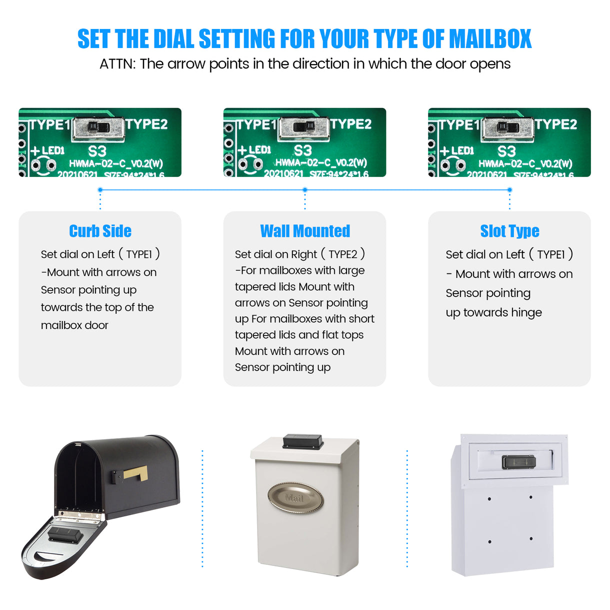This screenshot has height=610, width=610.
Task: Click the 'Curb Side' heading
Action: pos(100,231)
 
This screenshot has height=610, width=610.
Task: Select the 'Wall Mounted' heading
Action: pos(305,231)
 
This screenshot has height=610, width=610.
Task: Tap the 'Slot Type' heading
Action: pos(509,231)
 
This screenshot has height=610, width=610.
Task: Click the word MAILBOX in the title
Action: pos(490,39)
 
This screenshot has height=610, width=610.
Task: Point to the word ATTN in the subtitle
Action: pos(116,64)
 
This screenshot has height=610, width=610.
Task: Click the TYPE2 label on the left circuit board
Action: pos(146,124)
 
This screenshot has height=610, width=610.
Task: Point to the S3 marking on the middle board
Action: pos(302,150)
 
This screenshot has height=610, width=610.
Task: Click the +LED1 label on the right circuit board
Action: pos(456,150)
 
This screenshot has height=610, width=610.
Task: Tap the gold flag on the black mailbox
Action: pos(136,472)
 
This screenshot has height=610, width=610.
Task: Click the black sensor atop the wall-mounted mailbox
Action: pos(303,441)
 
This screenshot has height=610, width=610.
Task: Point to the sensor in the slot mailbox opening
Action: pos(518,462)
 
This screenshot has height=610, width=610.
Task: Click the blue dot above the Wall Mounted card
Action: pos(305,190)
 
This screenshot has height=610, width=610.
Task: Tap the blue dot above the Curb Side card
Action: pos(100,190)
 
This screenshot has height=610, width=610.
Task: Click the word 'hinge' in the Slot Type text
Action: pos(526,312)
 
